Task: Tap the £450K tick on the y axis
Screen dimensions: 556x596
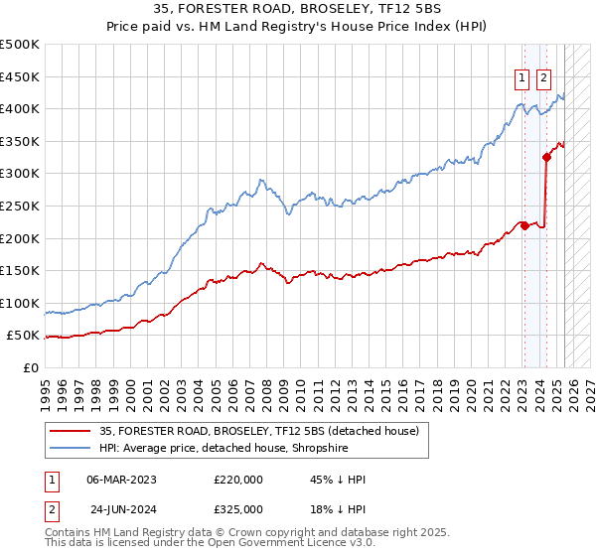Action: (21, 76)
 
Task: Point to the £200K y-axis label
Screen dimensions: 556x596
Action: (21, 238)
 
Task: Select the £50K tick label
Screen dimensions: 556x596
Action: (25, 336)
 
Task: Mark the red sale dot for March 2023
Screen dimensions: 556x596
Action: (524, 225)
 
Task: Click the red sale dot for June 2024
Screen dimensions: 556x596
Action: (546, 157)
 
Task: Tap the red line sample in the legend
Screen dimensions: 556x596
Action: (70, 431)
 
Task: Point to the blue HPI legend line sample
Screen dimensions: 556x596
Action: (70, 448)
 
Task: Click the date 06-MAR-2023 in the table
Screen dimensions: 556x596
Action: (122, 480)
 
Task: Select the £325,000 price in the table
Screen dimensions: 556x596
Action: (238, 508)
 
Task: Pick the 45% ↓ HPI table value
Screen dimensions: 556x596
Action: (338, 480)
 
